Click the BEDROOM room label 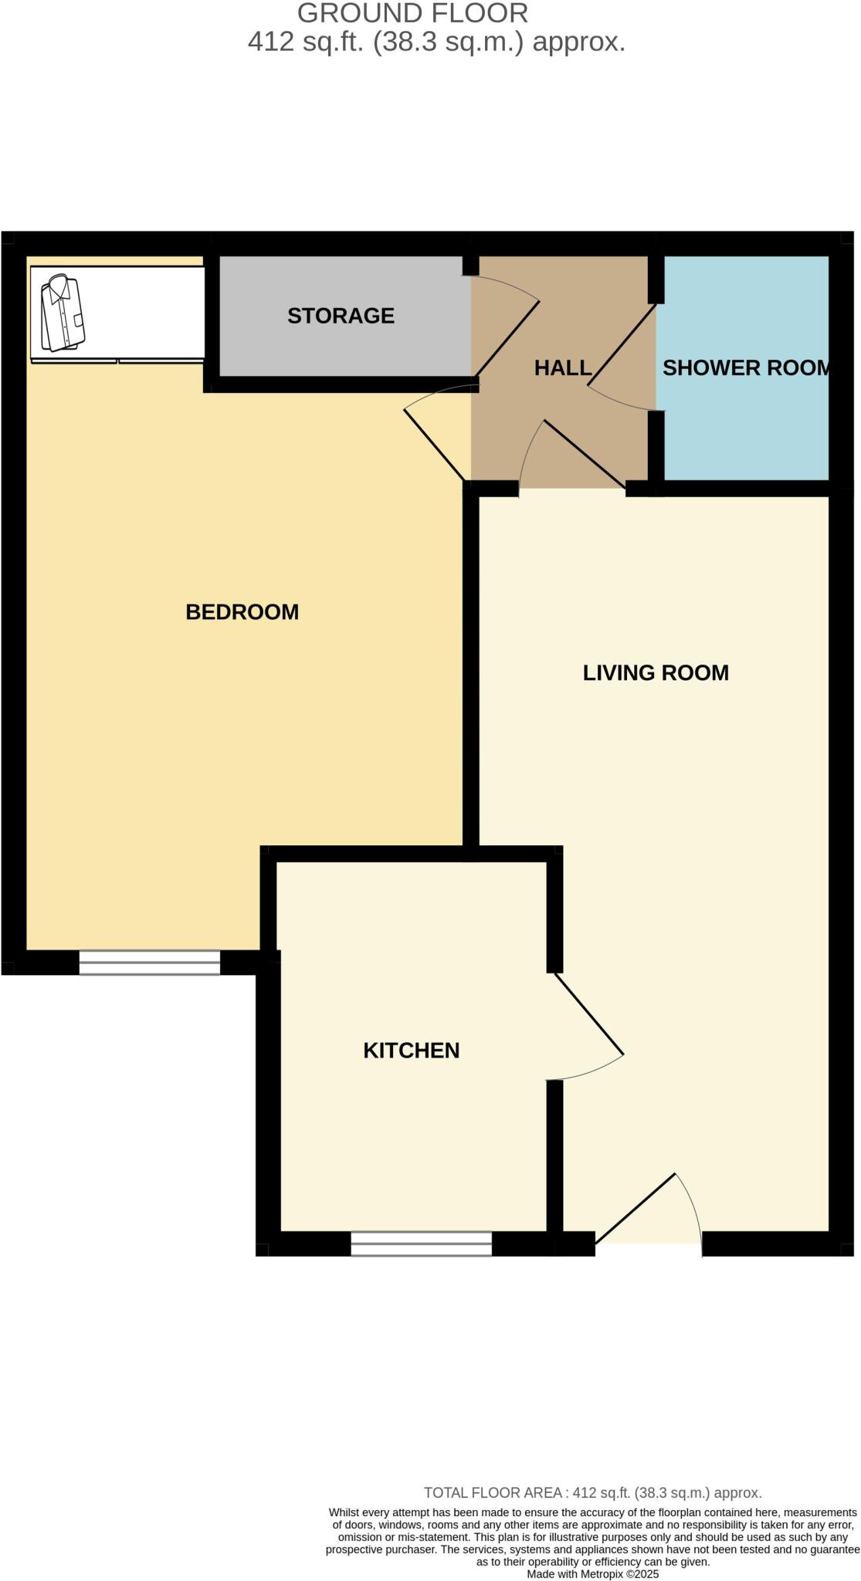coord(242,612)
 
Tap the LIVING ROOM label coord(656,673)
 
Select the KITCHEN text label coord(411,1051)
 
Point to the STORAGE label coord(341,316)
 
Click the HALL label coord(563,368)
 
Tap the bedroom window coord(149,962)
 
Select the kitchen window coord(421,1243)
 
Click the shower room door coord(621,346)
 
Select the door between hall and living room coord(584,454)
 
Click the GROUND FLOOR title coord(412,14)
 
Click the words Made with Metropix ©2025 coord(593,1573)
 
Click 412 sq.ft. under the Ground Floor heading coord(306,42)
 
